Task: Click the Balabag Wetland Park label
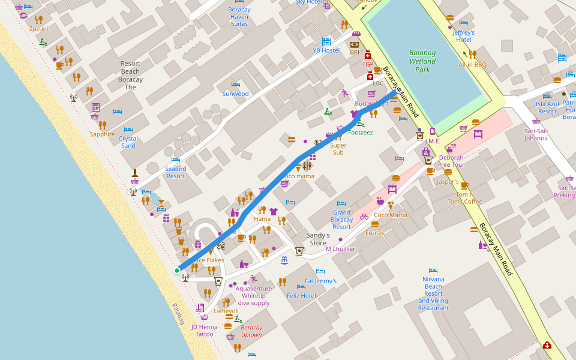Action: (x=422, y=61)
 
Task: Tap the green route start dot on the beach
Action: (x=177, y=271)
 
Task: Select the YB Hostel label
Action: (x=326, y=50)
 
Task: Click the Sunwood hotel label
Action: (x=235, y=94)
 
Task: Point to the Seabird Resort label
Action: (x=176, y=172)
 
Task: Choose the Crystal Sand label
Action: (x=128, y=142)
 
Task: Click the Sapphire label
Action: (x=102, y=134)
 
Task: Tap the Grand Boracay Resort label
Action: (x=341, y=220)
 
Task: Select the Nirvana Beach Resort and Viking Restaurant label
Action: (x=433, y=293)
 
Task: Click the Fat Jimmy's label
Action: (x=320, y=281)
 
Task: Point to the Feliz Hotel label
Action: (x=301, y=296)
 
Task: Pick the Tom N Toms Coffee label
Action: (x=464, y=198)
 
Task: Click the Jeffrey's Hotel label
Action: (x=463, y=36)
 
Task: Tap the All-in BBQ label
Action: (x=472, y=64)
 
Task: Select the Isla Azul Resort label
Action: (x=547, y=107)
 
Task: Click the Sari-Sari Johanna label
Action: (x=536, y=134)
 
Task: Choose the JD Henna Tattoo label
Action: (x=204, y=330)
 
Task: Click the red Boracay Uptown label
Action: (x=251, y=331)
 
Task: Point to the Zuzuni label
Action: (x=38, y=28)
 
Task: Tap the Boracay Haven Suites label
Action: (x=239, y=17)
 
